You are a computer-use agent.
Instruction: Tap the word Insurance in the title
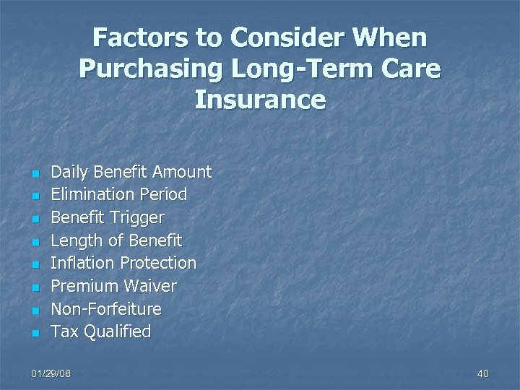click(260, 99)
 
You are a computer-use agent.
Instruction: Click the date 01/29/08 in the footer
click(51, 373)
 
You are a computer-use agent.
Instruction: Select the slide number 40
click(483, 373)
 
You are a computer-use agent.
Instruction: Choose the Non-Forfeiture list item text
click(106, 309)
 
